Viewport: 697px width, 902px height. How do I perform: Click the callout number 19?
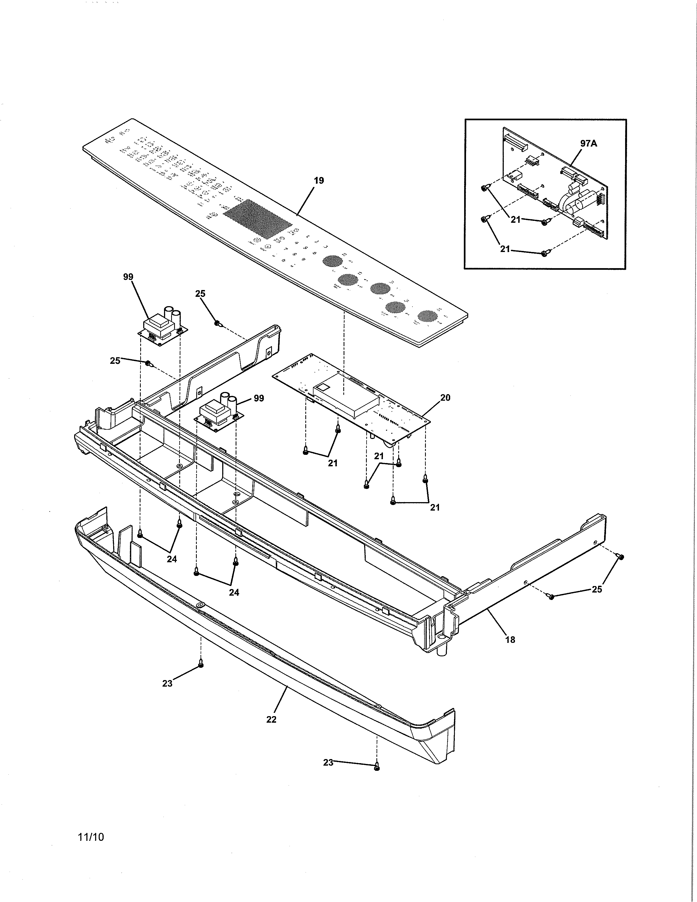coord(319,180)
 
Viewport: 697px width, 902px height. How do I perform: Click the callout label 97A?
coord(589,144)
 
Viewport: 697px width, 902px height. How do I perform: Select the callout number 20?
coord(445,398)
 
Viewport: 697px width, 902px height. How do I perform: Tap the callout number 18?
coord(510,640)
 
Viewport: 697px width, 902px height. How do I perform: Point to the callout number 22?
coord(271,719)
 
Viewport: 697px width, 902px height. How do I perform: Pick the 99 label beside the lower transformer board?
coord(259,398)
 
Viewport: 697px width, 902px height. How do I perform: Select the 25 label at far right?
coord(597,589)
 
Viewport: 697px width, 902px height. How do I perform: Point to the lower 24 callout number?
coord(234,592)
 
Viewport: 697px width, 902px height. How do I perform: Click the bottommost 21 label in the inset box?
coord(505,250)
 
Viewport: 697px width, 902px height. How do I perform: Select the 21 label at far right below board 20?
coord(435,508)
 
